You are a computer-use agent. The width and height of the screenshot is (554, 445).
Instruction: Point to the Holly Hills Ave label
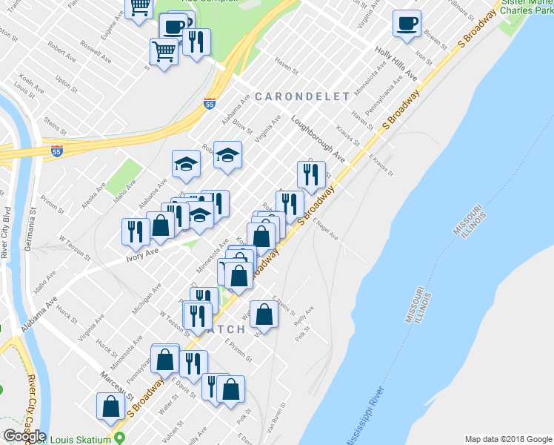396,65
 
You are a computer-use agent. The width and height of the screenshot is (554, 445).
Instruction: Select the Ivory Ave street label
143,253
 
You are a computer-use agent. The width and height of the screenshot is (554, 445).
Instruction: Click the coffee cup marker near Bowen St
407,24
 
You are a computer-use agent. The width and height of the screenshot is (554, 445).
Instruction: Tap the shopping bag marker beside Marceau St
110,405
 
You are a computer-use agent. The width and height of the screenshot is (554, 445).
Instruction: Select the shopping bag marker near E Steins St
264,314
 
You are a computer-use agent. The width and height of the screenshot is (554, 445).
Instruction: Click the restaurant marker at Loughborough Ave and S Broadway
310,174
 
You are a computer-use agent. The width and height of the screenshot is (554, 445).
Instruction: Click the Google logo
24,436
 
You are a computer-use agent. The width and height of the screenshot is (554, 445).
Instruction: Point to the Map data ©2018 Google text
507,439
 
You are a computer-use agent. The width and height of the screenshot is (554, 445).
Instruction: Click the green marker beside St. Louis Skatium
119,439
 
